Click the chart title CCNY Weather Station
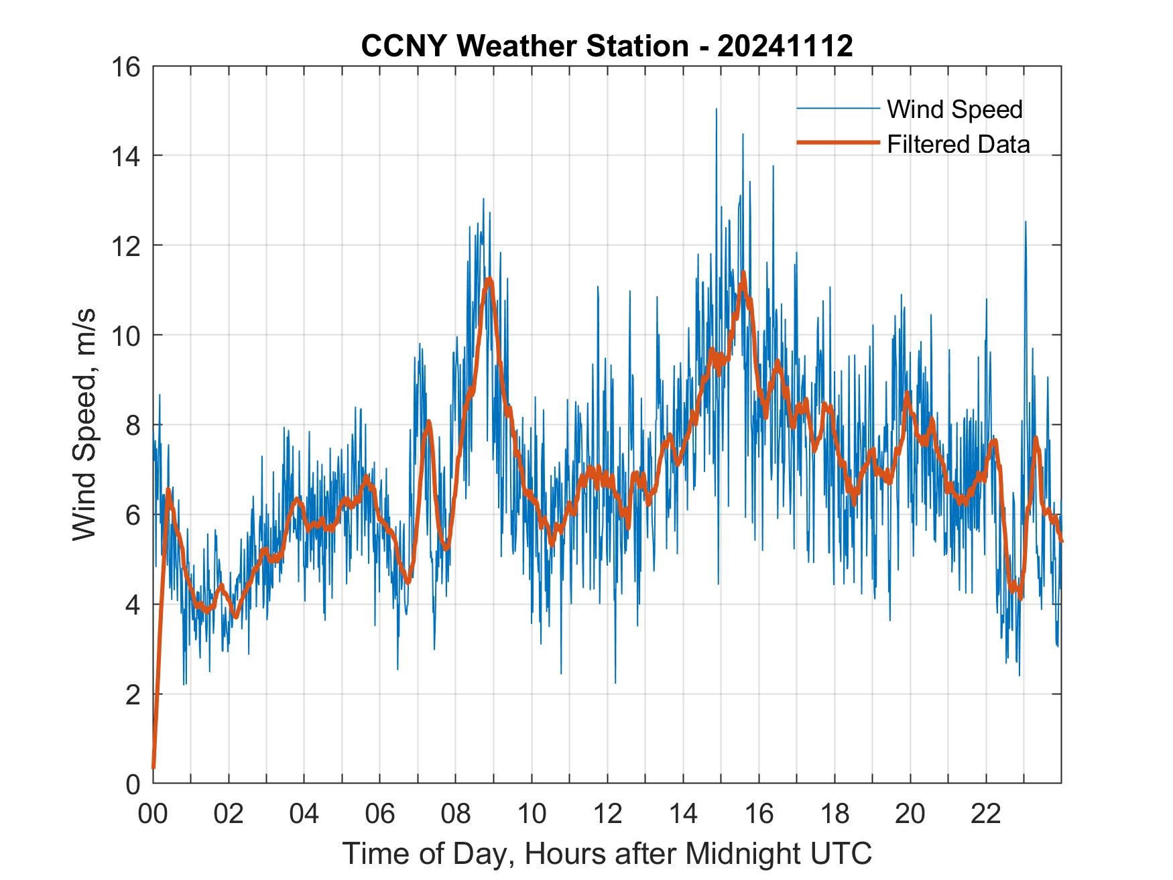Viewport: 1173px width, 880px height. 523,46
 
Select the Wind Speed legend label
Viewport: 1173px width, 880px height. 954,109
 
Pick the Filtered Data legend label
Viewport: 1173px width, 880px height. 958,144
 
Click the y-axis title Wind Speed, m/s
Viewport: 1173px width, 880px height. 85,424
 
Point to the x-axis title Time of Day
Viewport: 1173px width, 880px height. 607,853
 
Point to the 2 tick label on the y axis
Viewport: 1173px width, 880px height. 133,694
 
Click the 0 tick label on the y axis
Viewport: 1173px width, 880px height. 133,784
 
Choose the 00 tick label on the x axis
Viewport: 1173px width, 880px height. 153,813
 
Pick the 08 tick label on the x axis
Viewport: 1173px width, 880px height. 456,813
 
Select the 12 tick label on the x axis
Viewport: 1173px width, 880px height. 607,813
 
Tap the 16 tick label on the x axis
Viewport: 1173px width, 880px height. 759,813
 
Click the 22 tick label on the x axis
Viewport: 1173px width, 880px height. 986,813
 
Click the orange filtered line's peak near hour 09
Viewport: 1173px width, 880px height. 489,279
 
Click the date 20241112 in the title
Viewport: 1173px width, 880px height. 785,46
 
